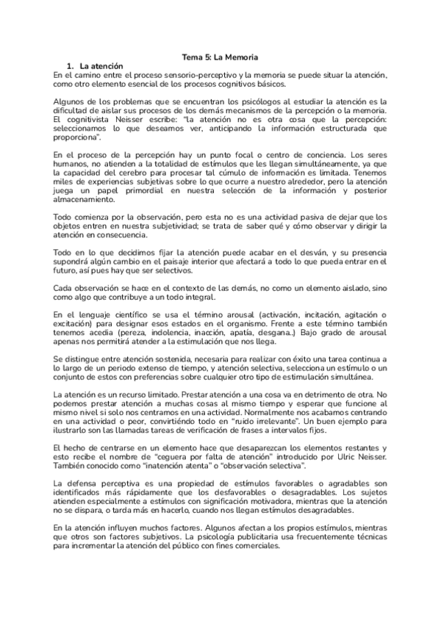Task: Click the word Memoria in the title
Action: [242, 56]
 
